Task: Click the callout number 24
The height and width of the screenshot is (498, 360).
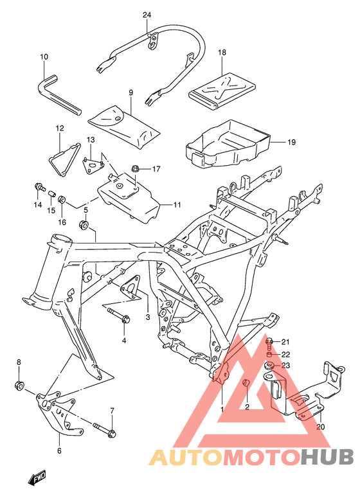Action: pos(147,15)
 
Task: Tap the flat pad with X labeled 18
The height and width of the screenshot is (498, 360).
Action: pos(222,87)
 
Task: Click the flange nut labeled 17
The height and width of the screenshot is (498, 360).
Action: pos(136,169)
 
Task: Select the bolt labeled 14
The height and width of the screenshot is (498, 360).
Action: pos(39,188)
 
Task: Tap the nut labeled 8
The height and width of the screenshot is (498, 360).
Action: pos(19,386)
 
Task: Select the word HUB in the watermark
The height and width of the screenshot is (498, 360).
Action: pos(327,457)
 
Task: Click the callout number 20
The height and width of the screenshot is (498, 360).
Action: pos(321,426)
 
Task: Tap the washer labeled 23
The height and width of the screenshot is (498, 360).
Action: pos(269,367)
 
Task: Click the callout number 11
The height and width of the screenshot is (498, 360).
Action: pos(177,205)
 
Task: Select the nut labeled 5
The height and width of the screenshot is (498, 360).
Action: pos(84,224)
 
